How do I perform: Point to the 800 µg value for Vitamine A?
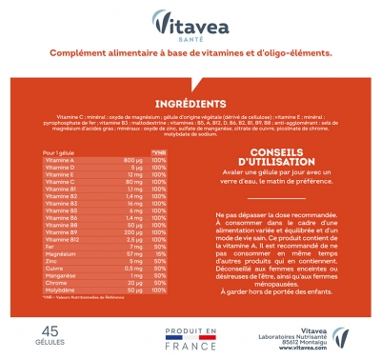click(x=132, y=159)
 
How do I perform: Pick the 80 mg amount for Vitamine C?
click(x=133, y=180)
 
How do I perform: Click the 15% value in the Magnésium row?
click(x=159, y=254)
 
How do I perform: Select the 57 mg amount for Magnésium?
click(x=133, y=254)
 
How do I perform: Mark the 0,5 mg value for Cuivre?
click(x=132, y=269)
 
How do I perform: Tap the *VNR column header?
click(x=159, y=151)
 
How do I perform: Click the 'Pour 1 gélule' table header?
click(x=60, y=151)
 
